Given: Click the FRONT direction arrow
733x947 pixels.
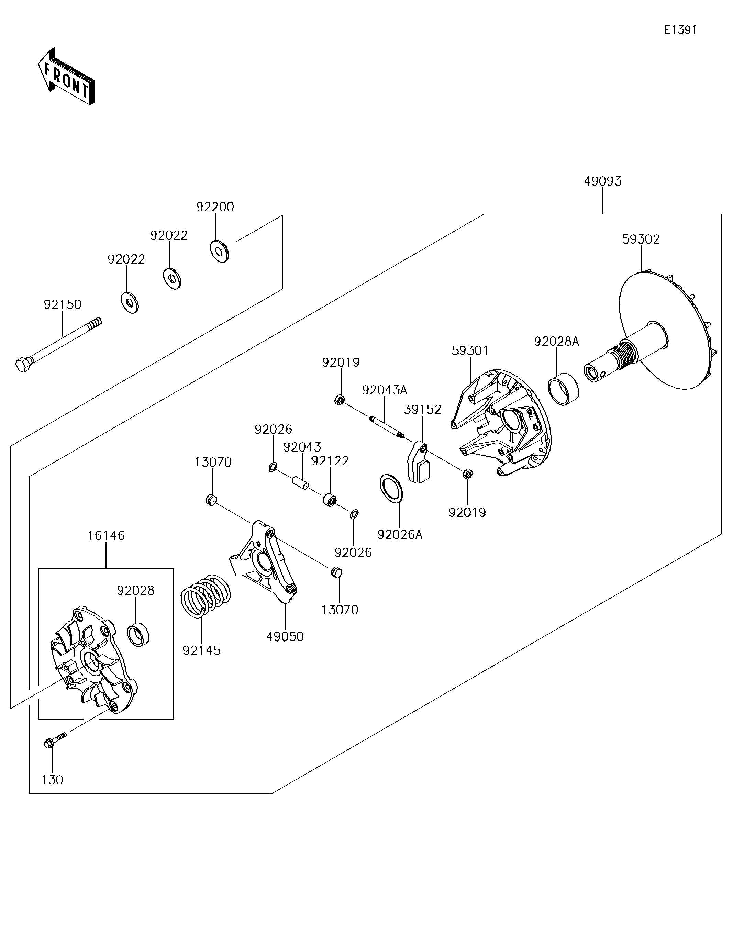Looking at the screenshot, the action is (x=66, y=76).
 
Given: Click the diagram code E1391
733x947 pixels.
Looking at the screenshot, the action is (x=680, y=30).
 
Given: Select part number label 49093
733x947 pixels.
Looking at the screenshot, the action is (x=602, y=181).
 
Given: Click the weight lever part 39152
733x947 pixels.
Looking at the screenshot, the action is (x=418, y=462).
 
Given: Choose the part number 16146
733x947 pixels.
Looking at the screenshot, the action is (x=106, y=535).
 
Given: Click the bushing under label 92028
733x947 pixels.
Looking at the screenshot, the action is (x=139, y=634).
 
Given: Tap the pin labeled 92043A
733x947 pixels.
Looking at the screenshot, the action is (x=387, y=426).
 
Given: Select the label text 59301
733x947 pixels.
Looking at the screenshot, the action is (x=470, y=350).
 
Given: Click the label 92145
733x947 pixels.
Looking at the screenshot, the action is (x=202, y=650).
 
